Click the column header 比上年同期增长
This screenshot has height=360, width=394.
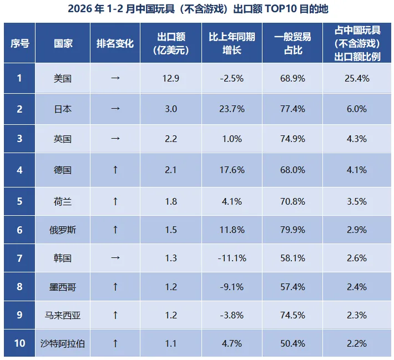(232, 43)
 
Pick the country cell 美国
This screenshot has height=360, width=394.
(63, 78)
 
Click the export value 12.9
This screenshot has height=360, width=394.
(171, 78)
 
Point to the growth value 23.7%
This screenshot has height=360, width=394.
(232, 109)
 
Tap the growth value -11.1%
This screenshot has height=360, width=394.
(232, 257)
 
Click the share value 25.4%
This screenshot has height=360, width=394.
(357, 78)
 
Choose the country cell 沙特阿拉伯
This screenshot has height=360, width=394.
(63, 343)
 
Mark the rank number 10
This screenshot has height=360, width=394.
(19, 343)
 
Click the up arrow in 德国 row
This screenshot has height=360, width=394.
(115, 170)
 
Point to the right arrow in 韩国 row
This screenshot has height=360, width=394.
(115, 257)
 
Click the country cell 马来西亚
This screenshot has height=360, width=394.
(63, 315)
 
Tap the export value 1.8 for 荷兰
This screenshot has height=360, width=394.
(171, 201)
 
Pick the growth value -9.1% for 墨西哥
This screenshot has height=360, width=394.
(232, 287)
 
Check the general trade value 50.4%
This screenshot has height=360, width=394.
(292, 343)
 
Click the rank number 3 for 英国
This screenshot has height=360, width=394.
(19, 139)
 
